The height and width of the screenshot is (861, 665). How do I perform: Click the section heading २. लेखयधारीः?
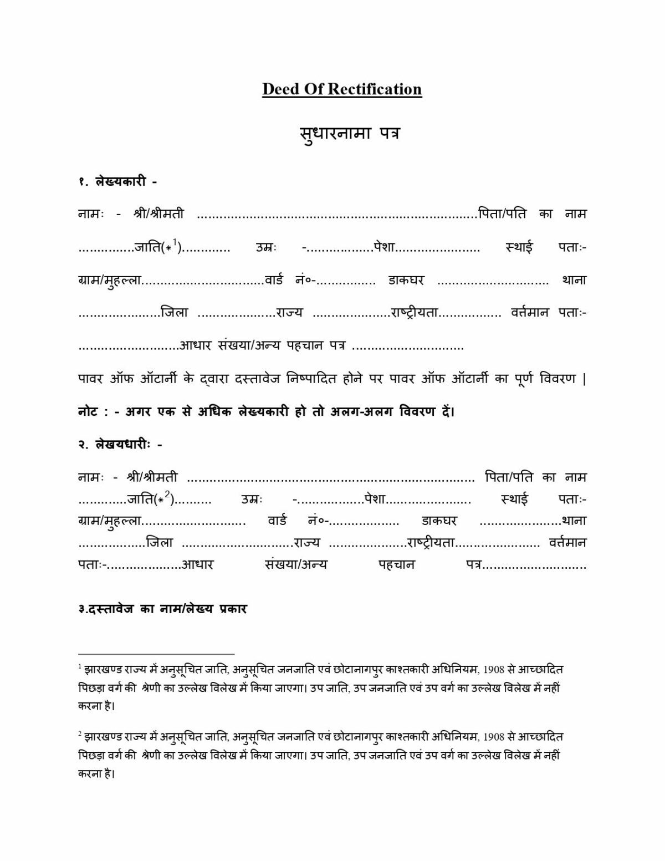[120, 444]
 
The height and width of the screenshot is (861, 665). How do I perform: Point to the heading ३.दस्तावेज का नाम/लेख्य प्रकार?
[162, 609]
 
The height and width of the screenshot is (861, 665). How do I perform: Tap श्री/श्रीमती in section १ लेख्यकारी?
[159, 213]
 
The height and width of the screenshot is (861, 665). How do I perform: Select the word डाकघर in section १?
[406, 280]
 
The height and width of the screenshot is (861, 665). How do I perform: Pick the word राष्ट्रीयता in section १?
[415, 313]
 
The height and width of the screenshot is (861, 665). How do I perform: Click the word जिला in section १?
[175, 313]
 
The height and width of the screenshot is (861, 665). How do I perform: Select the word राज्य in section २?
[307, 542]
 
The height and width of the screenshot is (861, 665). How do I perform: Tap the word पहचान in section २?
[396, 564]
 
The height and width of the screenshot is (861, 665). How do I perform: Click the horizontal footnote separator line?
[156, 654]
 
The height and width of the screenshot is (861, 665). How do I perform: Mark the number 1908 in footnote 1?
[494, 670]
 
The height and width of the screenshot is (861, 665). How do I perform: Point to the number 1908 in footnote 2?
[494, 737]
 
